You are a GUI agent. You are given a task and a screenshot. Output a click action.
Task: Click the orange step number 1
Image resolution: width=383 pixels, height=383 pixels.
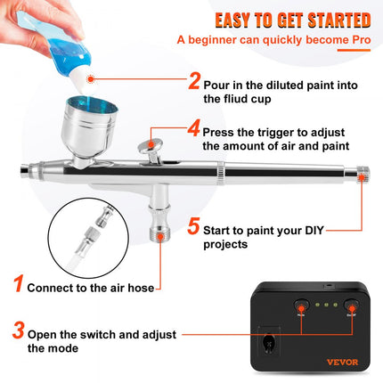[16, 287]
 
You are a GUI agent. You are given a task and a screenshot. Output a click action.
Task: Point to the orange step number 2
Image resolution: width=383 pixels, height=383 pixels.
[195, 83]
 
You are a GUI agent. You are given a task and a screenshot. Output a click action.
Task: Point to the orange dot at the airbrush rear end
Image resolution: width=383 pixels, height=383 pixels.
[363, 174]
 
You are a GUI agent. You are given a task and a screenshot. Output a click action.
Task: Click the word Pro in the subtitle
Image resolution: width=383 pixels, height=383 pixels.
[357, 39]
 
